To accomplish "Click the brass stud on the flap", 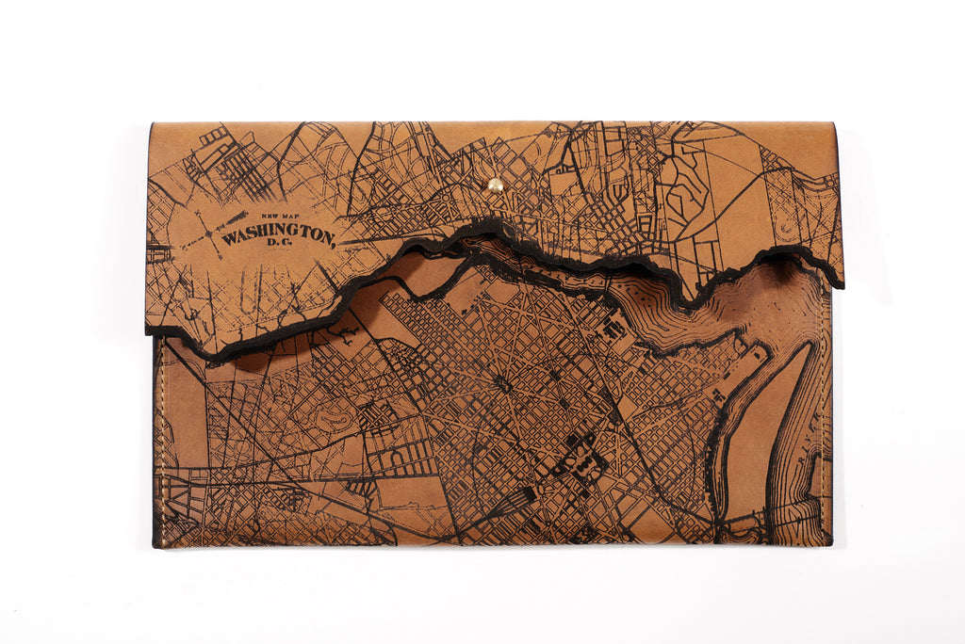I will [495, 185].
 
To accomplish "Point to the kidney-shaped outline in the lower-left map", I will [320, 414].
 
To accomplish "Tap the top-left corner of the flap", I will [151, 124].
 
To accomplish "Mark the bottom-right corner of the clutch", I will [831, 544].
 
